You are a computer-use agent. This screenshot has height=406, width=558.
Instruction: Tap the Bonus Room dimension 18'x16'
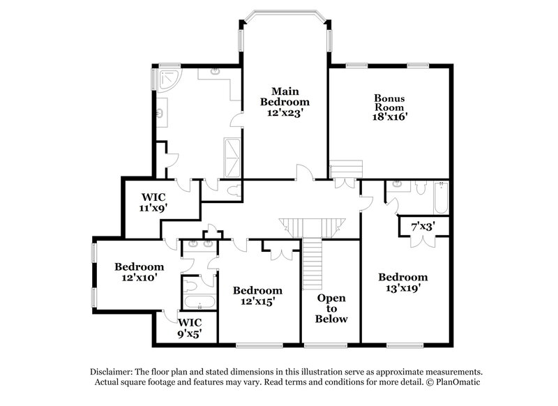pyautogui.click(x=389, y=118)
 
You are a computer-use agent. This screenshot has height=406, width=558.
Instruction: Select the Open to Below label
pyautogui.click(x=331, y=308)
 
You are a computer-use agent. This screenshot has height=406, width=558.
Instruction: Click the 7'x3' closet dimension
pyautogui.click(x=423, y=226)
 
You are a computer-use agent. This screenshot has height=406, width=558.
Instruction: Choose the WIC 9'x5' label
pyautogui.click(x=189, y=328)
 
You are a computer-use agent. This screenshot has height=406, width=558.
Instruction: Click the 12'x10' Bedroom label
pyautogui.click(x=139, y=271)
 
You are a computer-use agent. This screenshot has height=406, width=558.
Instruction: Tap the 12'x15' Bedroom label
pyautogui.click(x=257, y=296)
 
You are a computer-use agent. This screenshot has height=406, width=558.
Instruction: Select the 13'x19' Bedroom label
pyautogui.click(x=403, y=281)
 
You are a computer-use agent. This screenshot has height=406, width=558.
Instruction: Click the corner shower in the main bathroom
pyautogui.click(x=167, y=82)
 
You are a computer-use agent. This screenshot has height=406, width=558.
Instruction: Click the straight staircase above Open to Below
pyautogui.click(x=313, y=264)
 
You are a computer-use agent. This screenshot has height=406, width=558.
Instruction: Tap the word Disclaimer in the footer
pyautogui.click(x=114, y=372)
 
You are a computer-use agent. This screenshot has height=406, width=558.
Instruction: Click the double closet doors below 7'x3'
pyautogui.click(x=423, y=241)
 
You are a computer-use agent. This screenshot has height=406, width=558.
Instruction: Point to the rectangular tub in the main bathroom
pyautogui.click(x=234, y=157)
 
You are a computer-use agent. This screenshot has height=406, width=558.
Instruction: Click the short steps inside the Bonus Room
pyautogui.click(x=346, y=169)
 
